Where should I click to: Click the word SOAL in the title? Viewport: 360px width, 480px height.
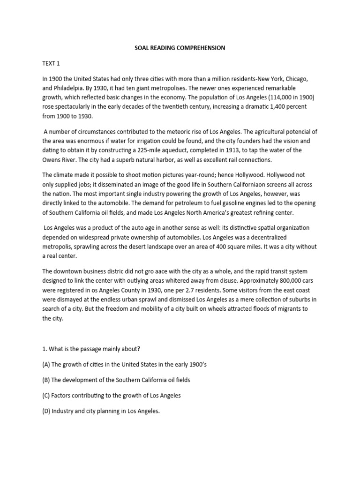[136, 48]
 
